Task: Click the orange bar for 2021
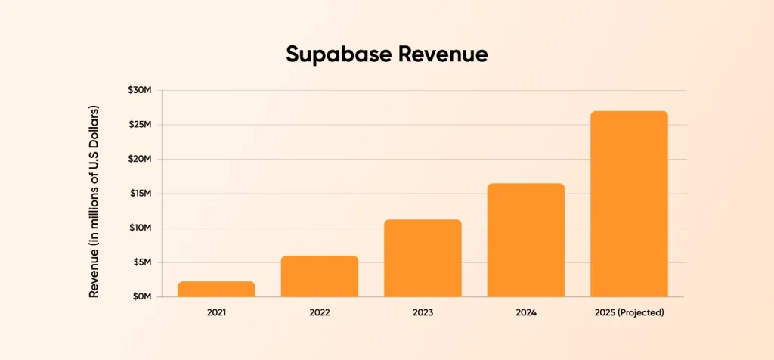[216, 289]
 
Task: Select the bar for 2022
[319, 276]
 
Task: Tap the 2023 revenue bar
[423, 258]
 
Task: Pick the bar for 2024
[525, 240]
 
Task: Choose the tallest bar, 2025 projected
[629, 204]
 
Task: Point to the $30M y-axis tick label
[139, 91]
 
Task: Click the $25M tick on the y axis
[139, 125]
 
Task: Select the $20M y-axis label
[139, 160]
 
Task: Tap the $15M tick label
[139, 194]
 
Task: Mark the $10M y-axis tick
[139, 228]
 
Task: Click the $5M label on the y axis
[141, 262]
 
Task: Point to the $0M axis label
[141, 296]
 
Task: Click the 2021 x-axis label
[216, 312]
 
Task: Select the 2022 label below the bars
[319, 312]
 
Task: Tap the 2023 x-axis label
[423, 312]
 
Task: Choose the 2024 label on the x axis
[525, 312]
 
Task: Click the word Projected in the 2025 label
[641, 312]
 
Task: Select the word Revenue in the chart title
[441, 54]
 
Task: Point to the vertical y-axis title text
[94, 201]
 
